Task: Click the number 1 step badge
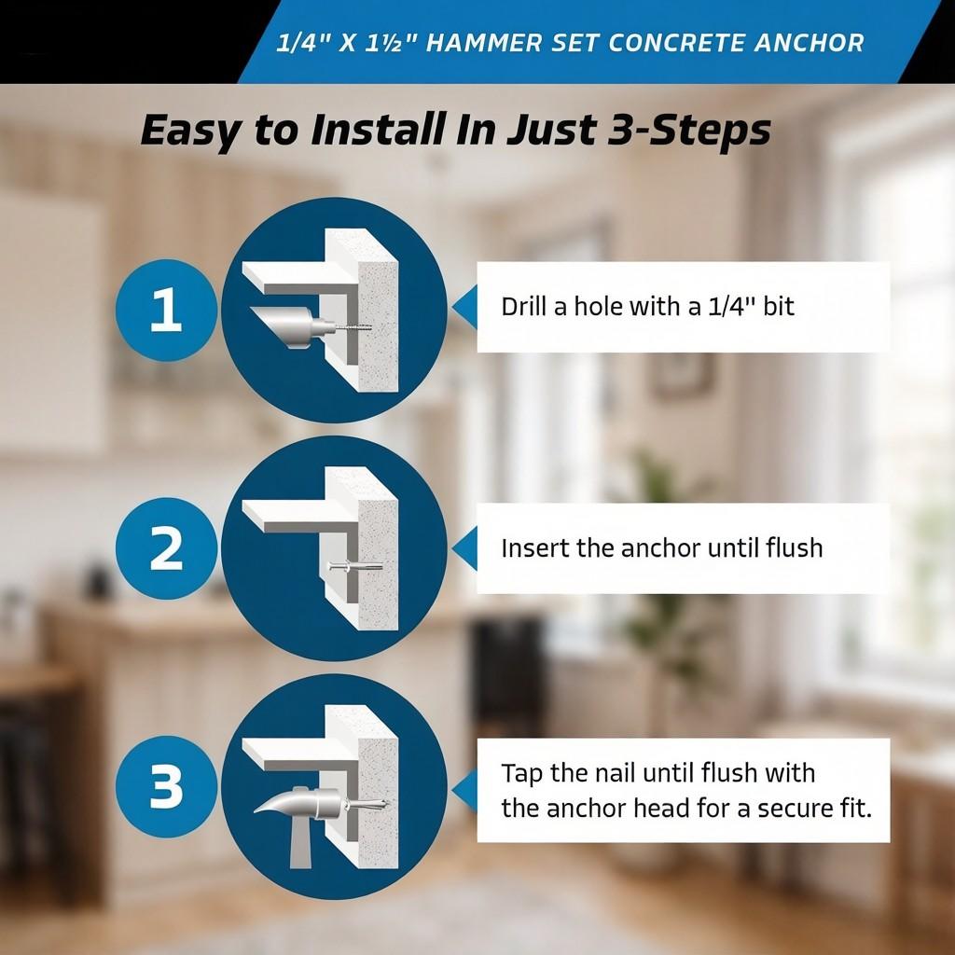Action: point(165,311)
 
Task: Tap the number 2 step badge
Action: point(165,548)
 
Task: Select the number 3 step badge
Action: point(165,788)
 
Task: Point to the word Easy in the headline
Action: point(188,131)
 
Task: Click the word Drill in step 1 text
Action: point(524,306)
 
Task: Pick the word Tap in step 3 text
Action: point(520,774)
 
